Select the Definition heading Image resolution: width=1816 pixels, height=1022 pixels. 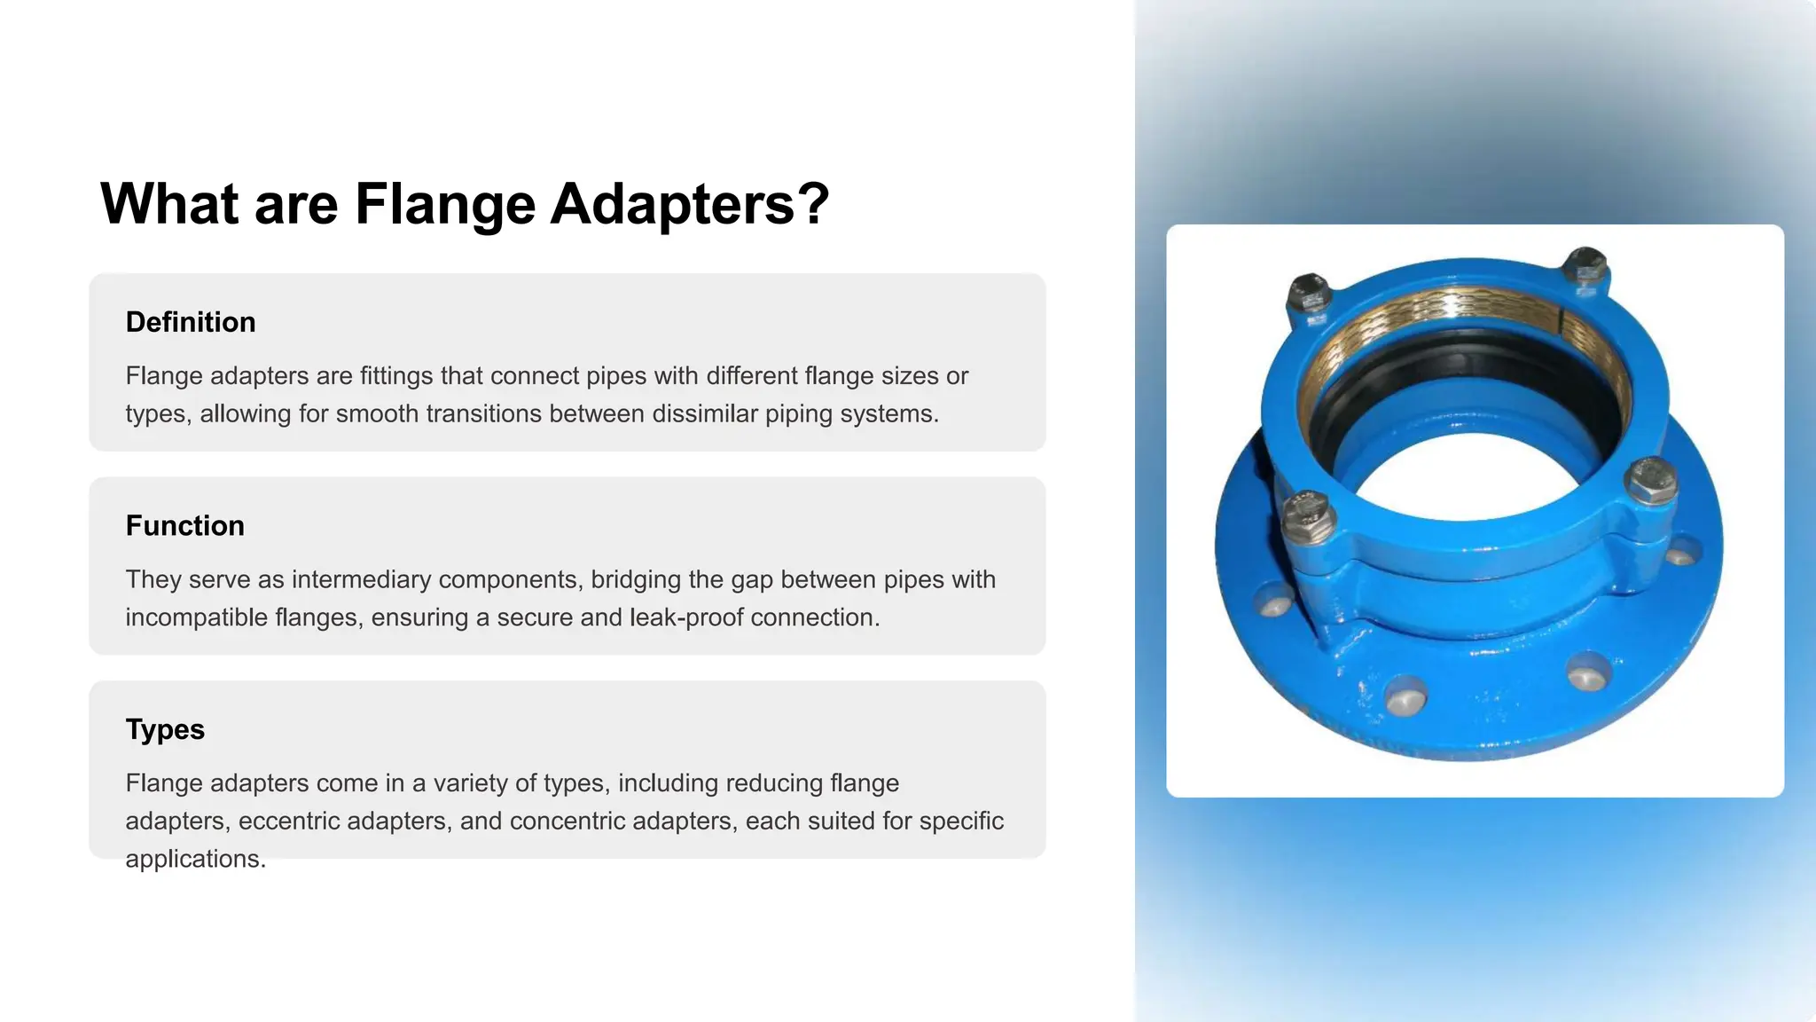pyautogui.click(x=191, y=322)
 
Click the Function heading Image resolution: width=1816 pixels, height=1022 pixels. pyautogui.click(x=184, y=525)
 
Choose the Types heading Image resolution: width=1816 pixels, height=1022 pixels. pyautogui.click(x=165, y=729)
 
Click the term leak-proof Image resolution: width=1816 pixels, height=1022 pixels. pyautogui.click(x=686, y=617)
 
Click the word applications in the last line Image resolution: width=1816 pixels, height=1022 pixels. pyautogui.click(x=195, y=860)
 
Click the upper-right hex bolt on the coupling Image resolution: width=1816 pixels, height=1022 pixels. pyautogui.click(x=1585, y=267)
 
